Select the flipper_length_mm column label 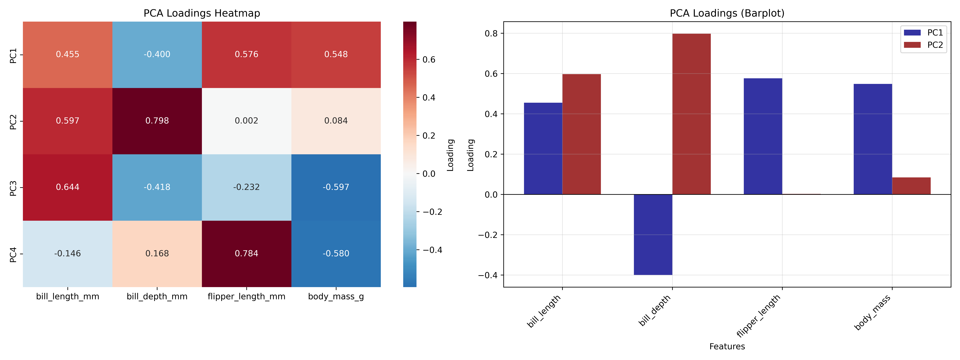pyautogui.click(x=246, y=297)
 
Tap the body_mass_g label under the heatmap pyautogui.click(x=336, y=297)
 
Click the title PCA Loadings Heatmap pyautogui.click(x=202, y=13)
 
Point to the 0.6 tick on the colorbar pyautogui.click(x=429, y=60)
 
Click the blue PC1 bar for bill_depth pyautogui.click(x=653, y=235)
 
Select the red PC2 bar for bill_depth pyautogui.click(x=691, y=114)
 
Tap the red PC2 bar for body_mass pyautogui.click(x=911, y=186)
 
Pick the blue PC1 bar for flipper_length pyautogui.click(x=763, y=136)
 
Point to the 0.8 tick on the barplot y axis pyautogui.click(x=491, y=33)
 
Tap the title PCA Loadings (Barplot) pyautogui.click(x=727, y=13)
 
